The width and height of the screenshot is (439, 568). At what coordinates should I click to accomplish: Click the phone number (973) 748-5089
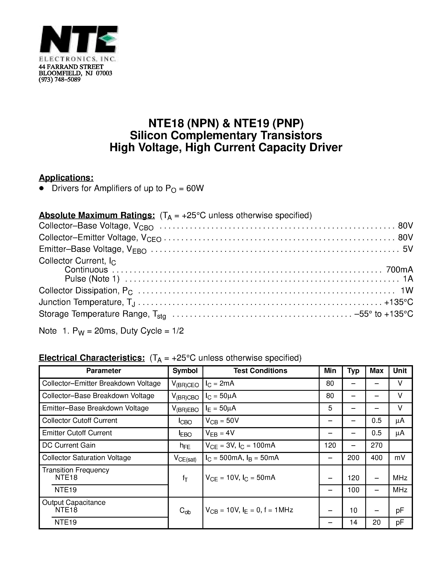pos(59,80)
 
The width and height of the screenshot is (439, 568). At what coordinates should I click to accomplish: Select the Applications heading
pos(66,178)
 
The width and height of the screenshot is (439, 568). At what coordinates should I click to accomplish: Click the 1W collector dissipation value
pos(407,290)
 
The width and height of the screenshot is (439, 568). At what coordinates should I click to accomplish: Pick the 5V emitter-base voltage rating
pos(408,249)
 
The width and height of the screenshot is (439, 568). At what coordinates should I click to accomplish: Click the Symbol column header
pos(185,371)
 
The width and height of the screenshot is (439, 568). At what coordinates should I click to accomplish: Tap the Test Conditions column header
pos(260,371)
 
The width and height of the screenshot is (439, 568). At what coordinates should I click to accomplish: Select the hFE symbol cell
pos(185,446)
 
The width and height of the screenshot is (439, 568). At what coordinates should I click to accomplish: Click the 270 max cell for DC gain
pos(376,445)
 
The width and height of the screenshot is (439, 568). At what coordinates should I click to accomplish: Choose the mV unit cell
pos(400,458)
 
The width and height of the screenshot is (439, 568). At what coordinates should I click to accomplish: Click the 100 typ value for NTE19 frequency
pos(353,490)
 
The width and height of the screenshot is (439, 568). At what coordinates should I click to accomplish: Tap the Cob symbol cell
pos(185,511)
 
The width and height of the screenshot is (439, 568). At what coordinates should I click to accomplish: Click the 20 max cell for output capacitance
pos(376,522)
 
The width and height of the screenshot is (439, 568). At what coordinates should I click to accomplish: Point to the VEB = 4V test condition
pos(220,433)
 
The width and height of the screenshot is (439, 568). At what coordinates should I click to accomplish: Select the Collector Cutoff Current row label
pos(80,421)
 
